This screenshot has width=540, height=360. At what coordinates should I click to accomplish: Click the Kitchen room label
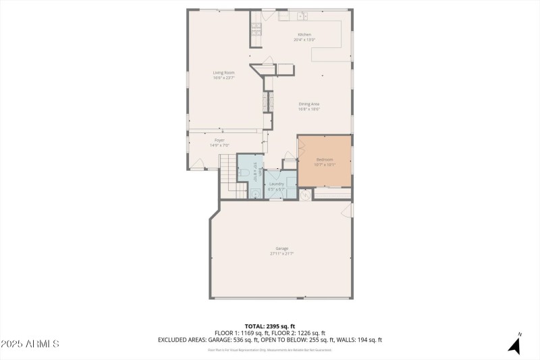pyautogui.click(x=305, y=34)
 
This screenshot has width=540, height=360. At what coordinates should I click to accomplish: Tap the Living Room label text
pyautogui.click(x=223, y=72)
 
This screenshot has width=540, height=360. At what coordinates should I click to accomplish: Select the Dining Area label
pyautogui.click(x=309, y=103)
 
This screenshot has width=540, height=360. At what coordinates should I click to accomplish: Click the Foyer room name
pyautogui.click(x=219, y=140)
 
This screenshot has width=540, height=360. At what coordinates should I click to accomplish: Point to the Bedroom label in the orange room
pyautogui.click(x=325, y=159)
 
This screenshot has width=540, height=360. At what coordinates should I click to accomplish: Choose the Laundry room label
pyautogui.click(x=276, y=184)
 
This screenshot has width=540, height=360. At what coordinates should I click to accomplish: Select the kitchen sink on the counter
pyautogui.click(x=302, y=15)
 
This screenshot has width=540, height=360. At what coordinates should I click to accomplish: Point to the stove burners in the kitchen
pyautogui.click(x=256, y=28)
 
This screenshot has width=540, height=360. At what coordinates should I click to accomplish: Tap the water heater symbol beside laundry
pyautogui.click(x=305, y=195)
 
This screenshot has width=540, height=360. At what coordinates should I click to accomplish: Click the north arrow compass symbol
pyautogui.click(x=515, y=344)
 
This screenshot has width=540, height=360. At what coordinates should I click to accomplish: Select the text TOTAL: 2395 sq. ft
pyautogui.click(x=270, y=326)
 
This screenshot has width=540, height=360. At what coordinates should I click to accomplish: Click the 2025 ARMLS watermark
pyautogui.click(x=30, y=344)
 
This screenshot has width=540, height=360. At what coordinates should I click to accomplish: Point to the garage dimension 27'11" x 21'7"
pyautogui.click(x=281, y=254)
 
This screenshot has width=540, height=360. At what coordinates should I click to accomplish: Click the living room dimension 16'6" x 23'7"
pyautogui.click(x=223, y=78)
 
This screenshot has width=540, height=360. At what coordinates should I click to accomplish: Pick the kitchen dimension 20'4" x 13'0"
pyautogui.click(x=305, y=40)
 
